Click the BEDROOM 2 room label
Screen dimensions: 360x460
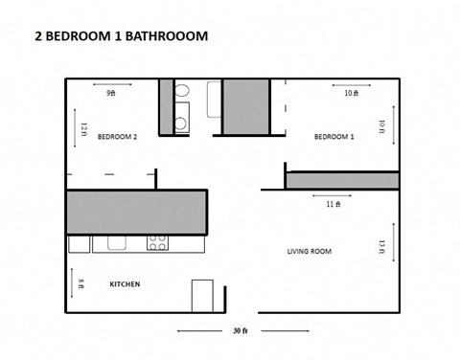pos(118,137)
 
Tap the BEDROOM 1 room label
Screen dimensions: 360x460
pos(334,137)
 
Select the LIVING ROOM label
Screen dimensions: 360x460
pos(309,252)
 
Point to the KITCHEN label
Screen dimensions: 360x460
pos(126,284)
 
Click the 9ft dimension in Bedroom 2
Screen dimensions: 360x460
pos(110,94)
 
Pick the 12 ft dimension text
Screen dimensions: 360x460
pos(83,128)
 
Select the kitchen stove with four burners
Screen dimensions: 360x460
pos(158,242)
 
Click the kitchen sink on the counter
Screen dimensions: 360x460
pos(118,242)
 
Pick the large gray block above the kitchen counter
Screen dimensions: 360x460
pos(136,212)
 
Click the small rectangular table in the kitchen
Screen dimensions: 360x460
pos(203,294)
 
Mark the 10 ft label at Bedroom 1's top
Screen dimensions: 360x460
pos(351,94)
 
